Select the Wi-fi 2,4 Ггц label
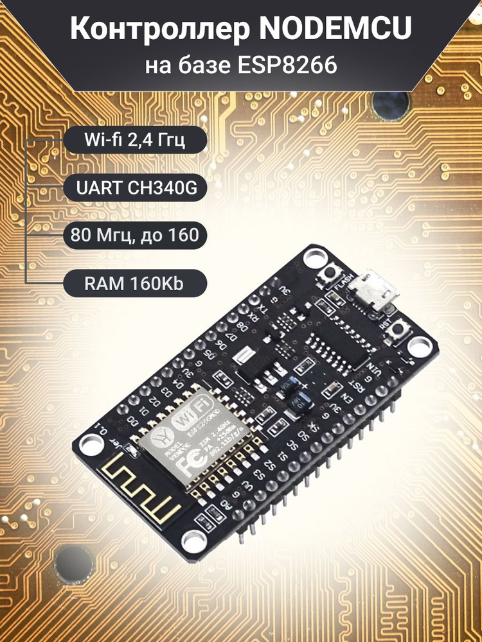pos(135,140)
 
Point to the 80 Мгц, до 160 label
pos(135,235)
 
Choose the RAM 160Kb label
pos(135,282)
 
